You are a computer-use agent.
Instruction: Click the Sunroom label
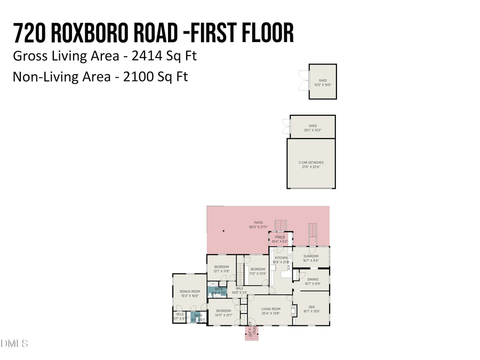pyautogui.click(x=311, y=258)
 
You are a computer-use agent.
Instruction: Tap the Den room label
pyautogui.click(x=311, y=309)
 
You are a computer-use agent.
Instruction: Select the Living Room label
pyautogui.click(x=270, y=311)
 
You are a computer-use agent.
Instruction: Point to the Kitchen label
pyautogui.click(x=281, y=260)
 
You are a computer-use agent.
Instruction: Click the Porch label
pyautogui.click(x=281, y=239)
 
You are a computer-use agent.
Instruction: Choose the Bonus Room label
pyautogui.click(x=189, y=293)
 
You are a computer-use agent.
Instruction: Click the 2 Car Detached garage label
pyautogui.click(x=311, y=164)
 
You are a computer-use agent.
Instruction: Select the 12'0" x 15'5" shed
pyautogui.click(x=323, y=83)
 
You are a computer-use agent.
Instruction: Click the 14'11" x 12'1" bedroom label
pyautogui.click(x=223, y=313)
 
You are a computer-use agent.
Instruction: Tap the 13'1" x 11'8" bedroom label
pyautogui.click(x=221, y=269)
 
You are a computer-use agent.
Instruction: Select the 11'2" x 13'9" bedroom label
pyautogui.click(x=258, y=271)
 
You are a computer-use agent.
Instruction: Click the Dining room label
pyautogui.click(x=313, y=281)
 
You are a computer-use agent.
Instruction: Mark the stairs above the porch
pyautogui.click(x=281, y=225)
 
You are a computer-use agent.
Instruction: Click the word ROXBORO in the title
pyautogui.click(x=89, y=33)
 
